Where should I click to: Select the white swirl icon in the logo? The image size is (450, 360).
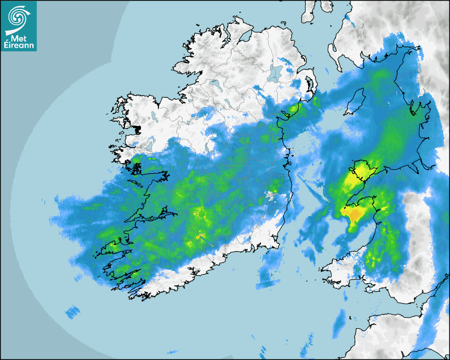pyautogui.click(x=18, y=17)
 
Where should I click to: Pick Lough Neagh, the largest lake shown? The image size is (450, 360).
pyautogui.click(x=275, y=73)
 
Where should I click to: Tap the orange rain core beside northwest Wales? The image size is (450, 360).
pyautogui.click(x=355, y=213)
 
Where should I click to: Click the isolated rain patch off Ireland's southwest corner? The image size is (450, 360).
pyautogui.click(x=72, y=312)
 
